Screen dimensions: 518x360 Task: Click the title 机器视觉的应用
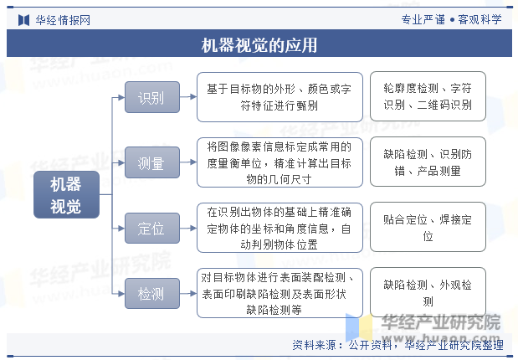click(259, 45)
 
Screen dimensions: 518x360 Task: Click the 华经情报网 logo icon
click(23, 20)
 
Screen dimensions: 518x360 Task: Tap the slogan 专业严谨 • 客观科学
click(451, 19)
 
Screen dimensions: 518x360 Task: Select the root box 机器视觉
click(66, 195)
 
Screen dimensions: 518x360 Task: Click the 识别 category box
click(152, 97)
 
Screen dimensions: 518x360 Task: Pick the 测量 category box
click(152, 162)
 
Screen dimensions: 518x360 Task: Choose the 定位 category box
click(152, 228)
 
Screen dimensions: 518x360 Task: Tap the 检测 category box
click(152, 294)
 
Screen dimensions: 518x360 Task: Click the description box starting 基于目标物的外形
click(280, 97)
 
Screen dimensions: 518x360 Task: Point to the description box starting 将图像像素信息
click(280, 162)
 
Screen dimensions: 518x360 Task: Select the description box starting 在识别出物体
click(280, 228)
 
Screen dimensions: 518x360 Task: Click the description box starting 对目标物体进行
click(280, 293)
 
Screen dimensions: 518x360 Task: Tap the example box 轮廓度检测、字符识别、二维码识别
click(428, 96)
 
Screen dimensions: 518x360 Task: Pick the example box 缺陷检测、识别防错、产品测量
click(428, 162)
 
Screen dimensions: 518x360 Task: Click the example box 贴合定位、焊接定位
click(428, 227)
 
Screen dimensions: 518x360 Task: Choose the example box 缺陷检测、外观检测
click(428, 292)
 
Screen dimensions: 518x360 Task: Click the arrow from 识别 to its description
click(188, 97)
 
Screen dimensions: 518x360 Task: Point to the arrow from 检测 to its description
click(188, 294)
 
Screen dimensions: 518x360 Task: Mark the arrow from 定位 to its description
click(188, 228)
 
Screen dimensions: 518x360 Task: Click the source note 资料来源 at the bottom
click(397, 345)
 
